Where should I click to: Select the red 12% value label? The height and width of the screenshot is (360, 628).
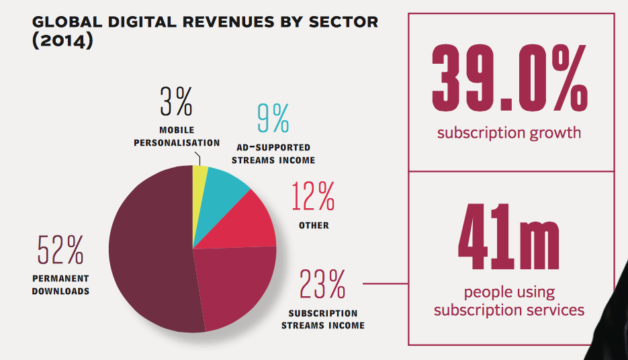click(x=313, y=197)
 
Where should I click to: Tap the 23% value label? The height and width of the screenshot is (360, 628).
click(x=322, y=284)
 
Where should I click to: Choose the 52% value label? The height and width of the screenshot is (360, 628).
click(x=60, y=250)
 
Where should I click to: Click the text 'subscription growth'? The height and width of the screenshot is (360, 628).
click(x=509, y=132)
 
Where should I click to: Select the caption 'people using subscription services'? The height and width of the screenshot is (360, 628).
click(x=509, y=302)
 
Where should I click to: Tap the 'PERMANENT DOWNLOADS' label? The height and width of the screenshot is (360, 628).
click(x=60, y=285)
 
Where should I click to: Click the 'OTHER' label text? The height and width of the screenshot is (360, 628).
click(x=314, y=226)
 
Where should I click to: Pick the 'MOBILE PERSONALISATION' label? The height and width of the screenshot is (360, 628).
click(x=177, y=136)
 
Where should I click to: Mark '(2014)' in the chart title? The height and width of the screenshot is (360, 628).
click(x=62, y=40)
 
